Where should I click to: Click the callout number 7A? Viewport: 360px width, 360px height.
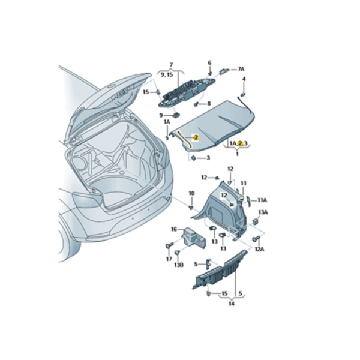(x=241, y=70)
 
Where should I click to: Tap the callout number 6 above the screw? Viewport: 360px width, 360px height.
(x=210, y=63)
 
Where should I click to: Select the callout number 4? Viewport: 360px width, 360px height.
(x=244, y=79)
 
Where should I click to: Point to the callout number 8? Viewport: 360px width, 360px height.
(x=209, y=103)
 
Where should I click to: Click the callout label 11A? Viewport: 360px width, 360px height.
(x=262, y=200)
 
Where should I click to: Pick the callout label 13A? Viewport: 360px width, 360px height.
(x=263, y=212)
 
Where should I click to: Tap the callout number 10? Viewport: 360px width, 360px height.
(x=191, y=193)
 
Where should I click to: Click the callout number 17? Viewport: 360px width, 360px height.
(x=169, y=259)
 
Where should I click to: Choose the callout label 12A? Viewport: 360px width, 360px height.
(x=259, y=248)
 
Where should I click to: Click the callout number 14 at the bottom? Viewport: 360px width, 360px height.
(x=232, y=304)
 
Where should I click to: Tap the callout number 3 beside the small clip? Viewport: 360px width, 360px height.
(x=208, y=158)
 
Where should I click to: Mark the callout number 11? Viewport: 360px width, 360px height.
(x=244, y=183)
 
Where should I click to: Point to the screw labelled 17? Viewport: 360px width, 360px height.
(x=169, y=246)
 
